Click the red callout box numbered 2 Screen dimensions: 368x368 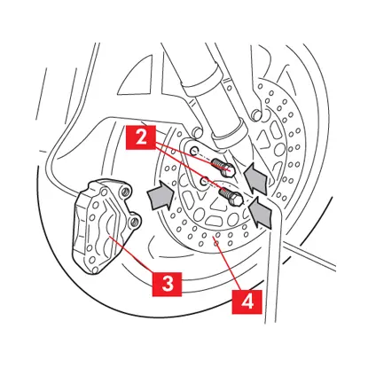click(141, 137)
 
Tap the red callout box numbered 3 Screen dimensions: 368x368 click(168, 284)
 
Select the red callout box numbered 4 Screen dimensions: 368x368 click(247, 301)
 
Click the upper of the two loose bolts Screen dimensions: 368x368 click(223, 166)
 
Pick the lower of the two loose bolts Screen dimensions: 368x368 click(231, 197)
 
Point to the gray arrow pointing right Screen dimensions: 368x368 click(161, 195)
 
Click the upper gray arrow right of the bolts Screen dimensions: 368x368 click(257, 177)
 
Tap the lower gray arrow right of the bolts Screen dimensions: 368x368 click(261, 212)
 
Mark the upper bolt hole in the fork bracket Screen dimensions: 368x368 click(194, 150)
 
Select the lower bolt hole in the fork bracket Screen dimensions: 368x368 click(204, 181)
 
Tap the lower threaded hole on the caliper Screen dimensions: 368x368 click(136, 220)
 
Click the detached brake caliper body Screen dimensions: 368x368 click(106, 225)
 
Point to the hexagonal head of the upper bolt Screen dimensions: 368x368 click(231, 170)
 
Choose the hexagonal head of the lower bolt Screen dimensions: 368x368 click(238, 200)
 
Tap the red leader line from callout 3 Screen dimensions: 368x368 click(130, 254)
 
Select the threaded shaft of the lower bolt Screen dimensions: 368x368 click(225, 192)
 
